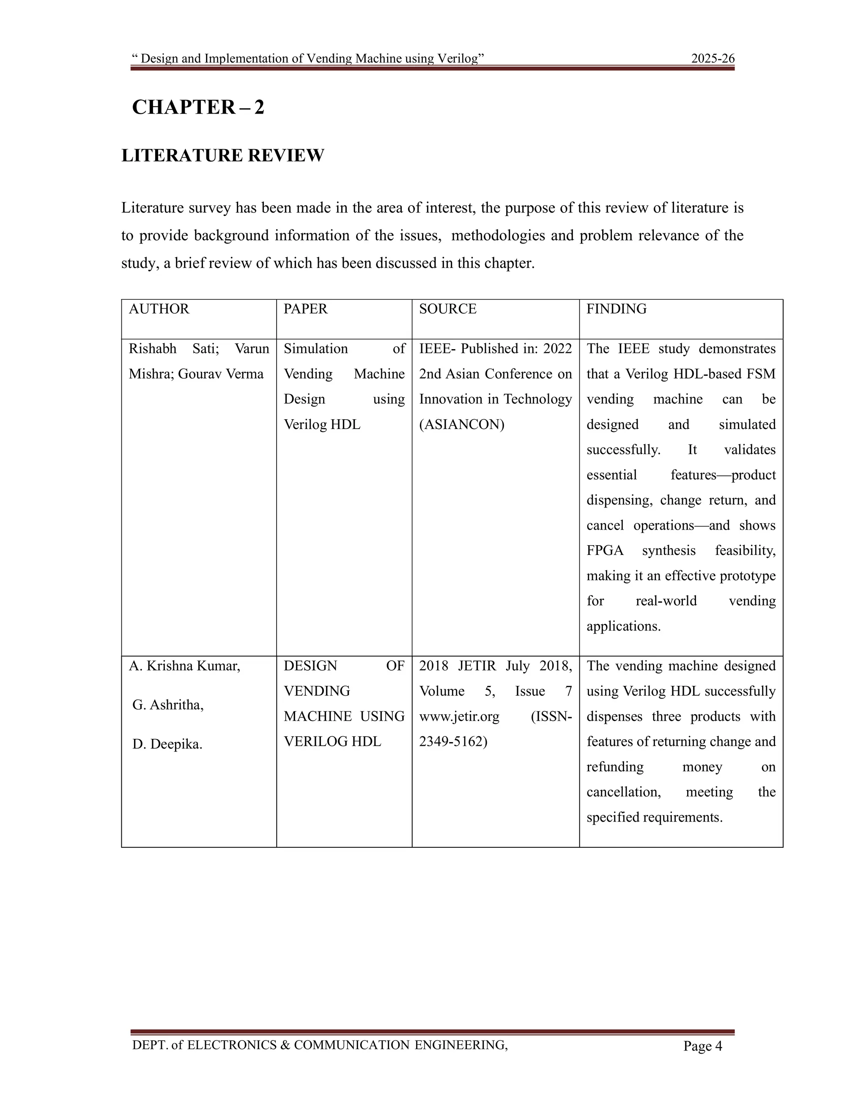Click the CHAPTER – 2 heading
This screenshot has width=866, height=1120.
[198, 107]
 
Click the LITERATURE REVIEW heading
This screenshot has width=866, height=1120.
[223, 156]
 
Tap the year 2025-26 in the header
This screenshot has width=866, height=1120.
[713, 58]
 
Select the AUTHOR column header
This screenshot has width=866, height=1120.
[159, 309]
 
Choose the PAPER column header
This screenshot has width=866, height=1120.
[305, 309]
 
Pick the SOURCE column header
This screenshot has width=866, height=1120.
[447, 309]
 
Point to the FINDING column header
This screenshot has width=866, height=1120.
[616, 309]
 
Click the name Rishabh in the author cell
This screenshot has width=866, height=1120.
[152, 349]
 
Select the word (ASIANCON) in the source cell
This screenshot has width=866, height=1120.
[462, 425]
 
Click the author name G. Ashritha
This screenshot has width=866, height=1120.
[168, 705]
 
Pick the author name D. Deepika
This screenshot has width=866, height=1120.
[167, 744]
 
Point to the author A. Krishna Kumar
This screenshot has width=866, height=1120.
[185, 666]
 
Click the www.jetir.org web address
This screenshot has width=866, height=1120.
[459, 716]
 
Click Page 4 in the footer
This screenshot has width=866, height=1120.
[702, 1046]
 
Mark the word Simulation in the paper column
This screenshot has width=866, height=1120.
[315, 349]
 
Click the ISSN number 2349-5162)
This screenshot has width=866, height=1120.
[453, 742]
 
